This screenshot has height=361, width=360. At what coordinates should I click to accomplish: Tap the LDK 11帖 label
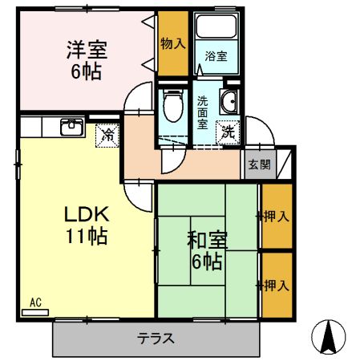tap(86, 225)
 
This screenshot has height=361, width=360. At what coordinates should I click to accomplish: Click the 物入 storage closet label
tap(172, 44)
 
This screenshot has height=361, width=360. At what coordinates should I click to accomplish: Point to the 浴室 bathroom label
tap(216, 57)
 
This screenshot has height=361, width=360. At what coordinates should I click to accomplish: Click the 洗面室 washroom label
tap(203, 112)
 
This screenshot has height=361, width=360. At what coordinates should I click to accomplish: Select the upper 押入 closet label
tap(277, 216)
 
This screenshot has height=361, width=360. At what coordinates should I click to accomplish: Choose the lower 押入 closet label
tap(277, 285)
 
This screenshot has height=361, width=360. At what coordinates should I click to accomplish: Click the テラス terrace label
tap(156, 339)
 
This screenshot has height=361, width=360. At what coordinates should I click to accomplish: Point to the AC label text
tap(35, 302)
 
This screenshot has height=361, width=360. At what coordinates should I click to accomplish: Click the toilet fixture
tap(171, 104)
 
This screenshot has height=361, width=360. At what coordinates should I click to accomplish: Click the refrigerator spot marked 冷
tap(107, 135)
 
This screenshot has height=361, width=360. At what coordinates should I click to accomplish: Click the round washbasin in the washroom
tap(229, 102)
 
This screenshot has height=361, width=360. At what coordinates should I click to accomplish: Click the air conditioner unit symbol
tap(35, 311)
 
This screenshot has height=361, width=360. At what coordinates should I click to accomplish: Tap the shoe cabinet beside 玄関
tap(283, 164)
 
